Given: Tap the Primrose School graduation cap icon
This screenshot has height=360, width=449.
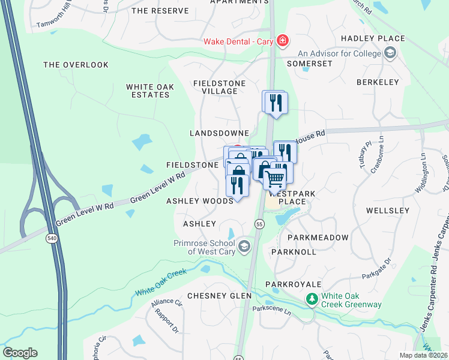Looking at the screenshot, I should pos(244,246).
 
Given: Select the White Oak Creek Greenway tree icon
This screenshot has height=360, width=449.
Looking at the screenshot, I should pos(312,298).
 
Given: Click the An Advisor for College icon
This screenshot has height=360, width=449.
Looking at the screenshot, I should pos(390,54).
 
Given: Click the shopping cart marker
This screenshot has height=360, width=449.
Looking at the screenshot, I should pos(275,178).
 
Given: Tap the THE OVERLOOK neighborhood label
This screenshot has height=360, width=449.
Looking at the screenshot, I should pos(76,65).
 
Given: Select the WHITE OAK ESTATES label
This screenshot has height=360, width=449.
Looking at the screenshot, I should pos(150,91).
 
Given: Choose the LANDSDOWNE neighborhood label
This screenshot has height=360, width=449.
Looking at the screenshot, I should pos(219,133).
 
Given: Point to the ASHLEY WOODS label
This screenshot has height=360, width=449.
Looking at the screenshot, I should pos(199,202).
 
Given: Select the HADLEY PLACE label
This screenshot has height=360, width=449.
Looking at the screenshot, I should pos(373,38).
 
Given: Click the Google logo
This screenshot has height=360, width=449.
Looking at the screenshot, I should pos(20,353).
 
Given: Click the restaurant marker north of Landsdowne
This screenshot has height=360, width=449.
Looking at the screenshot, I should pos(276,103).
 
